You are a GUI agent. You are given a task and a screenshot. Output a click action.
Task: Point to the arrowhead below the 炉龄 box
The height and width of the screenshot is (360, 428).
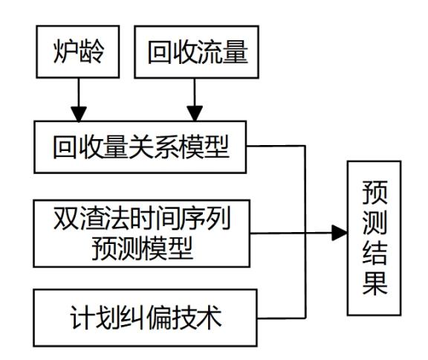click(79, 114)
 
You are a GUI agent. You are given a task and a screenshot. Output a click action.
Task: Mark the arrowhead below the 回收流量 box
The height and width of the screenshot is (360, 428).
click(195, 113)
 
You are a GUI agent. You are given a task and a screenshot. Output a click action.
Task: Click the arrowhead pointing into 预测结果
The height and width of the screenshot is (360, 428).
click(340, 233)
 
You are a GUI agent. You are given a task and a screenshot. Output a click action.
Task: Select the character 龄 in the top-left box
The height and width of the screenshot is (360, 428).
click(91, 52)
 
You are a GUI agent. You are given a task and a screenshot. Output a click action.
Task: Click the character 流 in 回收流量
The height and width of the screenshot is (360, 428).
click(210, 52)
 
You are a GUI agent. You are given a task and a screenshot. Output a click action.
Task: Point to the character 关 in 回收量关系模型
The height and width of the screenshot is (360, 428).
click(141, 147)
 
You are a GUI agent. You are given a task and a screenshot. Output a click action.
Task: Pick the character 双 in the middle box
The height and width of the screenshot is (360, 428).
click(66, 218)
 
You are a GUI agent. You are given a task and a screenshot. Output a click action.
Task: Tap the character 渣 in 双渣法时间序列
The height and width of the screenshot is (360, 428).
click(91, 218)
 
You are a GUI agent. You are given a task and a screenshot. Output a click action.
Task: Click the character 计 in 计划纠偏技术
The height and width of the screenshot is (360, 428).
click(82, 318)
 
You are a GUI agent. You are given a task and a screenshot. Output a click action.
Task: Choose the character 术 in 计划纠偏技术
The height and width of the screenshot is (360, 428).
click(209, 318)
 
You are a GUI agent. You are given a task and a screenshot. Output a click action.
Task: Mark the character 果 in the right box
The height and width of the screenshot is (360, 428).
click(374, 283)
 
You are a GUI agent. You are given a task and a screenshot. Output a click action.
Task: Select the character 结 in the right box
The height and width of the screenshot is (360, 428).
click(374, 253)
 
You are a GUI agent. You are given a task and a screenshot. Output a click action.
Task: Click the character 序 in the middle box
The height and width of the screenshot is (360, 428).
click(192, 218)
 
